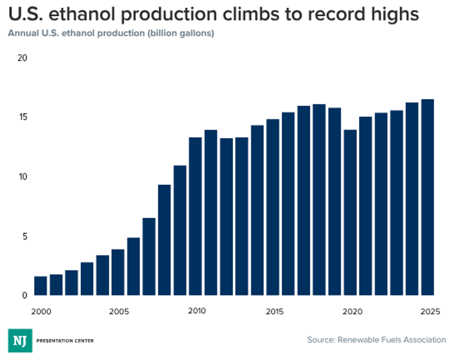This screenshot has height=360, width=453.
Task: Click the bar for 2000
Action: [x=41, y=286]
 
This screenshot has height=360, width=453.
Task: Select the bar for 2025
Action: [x=428, y=197]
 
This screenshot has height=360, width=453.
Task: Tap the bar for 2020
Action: [x=350, y=213]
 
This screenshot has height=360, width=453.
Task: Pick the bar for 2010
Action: [x=195, y=216]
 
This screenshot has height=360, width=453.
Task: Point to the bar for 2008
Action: [x=164, y=240]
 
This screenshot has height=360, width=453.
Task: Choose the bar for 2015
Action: [x=273, y=207]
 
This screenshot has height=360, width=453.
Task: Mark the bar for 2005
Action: [x=118, y=272]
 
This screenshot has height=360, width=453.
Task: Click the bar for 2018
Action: [x=319, y=200]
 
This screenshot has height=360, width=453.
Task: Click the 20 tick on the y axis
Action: [x=22, y=58]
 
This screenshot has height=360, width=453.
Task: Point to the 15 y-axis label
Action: [x=23, y=117]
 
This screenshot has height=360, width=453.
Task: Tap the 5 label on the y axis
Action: [x=25, y=236]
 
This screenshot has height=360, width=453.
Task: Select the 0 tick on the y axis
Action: [x=25, y=295]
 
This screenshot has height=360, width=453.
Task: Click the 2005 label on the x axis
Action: [x=119, y=312]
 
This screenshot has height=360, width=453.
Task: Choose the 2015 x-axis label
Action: [x=275, y=312]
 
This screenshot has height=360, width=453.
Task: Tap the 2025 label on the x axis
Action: [x=430, y=312]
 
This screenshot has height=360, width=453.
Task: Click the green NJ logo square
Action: [x=20, y=340]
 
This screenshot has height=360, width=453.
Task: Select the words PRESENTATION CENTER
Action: [x=65, y=340]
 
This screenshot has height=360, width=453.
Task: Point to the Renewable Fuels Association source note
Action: [x=377, y=340]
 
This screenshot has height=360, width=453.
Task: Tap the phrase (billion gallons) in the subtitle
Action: [x=181, y=33]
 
